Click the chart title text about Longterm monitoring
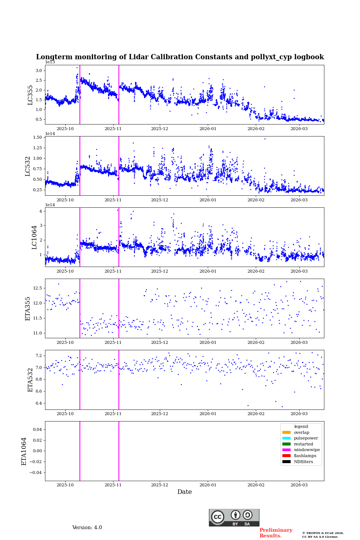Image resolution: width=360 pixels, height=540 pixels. point(180,57)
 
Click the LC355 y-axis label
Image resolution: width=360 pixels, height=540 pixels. point(30,95)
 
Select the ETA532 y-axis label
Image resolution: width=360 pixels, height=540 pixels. point(30,379)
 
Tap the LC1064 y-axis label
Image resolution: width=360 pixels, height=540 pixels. point(34,237)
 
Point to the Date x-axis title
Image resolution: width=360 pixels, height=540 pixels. point(184,492)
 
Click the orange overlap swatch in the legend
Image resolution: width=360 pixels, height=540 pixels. point(286,432)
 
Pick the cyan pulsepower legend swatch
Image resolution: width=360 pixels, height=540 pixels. point(286,438)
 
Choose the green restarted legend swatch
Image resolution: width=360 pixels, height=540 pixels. point(286,444)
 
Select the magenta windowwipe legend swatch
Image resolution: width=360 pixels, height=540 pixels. point(286,450)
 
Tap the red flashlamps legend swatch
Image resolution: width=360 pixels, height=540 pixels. point(286,456)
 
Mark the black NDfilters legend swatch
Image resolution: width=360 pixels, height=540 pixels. point(286,462)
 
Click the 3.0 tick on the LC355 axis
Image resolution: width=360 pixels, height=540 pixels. point(39,70)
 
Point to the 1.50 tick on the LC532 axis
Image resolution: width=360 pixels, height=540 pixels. point(37,137)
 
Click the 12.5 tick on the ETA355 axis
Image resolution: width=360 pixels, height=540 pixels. point(37,288)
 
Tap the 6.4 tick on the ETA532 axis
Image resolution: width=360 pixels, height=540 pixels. point(39,403)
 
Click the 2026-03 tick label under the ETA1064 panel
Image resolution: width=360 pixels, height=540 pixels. point(299,485)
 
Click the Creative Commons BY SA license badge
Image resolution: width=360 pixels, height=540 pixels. point(234,517)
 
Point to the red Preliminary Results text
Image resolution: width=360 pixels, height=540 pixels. point(276,533)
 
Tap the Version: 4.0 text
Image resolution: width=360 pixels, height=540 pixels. point(87,528)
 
